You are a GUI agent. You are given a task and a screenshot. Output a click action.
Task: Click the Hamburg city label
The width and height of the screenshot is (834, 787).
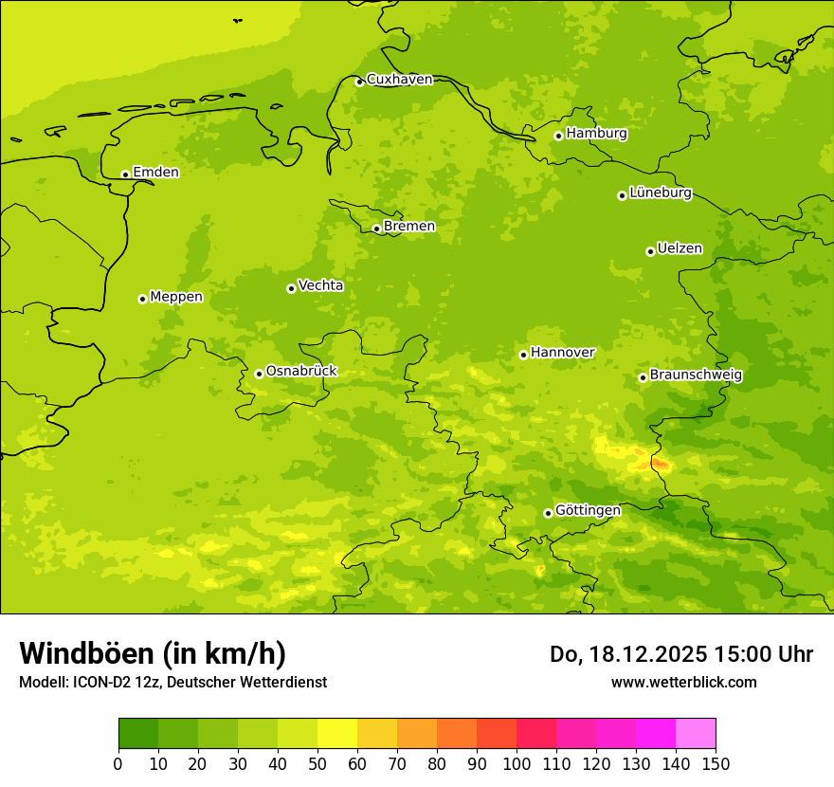596,134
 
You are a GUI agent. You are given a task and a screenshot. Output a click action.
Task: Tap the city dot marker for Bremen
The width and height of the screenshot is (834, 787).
376,229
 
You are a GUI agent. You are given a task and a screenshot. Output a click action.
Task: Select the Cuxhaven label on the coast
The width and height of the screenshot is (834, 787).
399,80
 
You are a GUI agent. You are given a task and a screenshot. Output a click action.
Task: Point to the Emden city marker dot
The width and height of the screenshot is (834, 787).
125,174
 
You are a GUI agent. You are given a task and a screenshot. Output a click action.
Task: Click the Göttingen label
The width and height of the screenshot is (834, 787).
588,510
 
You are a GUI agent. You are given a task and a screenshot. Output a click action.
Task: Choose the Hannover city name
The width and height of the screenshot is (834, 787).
562,353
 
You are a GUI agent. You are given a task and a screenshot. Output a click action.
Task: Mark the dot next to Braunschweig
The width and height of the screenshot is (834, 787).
643,377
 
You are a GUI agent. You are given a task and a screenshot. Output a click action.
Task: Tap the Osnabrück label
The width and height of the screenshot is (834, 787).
301,371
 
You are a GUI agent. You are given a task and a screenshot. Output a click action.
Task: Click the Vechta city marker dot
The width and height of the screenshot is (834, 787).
291,288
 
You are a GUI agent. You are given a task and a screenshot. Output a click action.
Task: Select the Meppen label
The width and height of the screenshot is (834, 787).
176,297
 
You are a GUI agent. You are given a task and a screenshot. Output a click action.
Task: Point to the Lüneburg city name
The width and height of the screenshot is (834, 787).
661,192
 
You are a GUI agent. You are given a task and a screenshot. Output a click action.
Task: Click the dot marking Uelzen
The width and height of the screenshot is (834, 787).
650,251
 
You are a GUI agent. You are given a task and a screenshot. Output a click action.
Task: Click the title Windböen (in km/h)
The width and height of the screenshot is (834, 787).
153,653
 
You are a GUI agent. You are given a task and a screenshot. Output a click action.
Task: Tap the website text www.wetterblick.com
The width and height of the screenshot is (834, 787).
683,682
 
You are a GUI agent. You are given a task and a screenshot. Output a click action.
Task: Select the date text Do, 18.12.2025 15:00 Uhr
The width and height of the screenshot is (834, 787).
681,654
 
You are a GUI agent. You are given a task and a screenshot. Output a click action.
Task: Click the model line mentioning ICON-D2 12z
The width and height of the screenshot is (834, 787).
172,682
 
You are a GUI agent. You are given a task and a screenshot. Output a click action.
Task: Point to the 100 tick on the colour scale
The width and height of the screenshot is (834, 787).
517,763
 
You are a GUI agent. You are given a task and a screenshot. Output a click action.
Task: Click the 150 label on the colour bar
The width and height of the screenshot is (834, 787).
716,763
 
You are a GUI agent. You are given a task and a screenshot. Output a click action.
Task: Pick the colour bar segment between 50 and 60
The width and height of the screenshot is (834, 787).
337,734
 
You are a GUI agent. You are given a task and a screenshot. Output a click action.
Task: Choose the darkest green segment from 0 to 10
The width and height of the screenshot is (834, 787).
138,734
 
